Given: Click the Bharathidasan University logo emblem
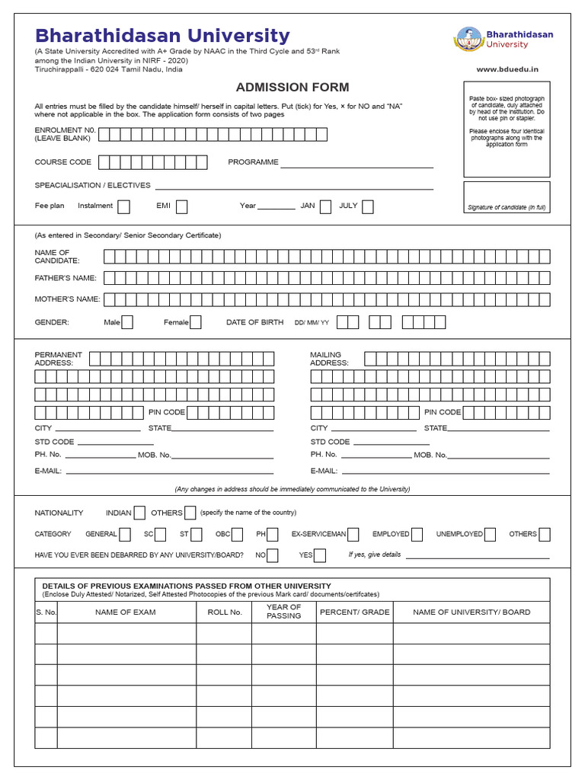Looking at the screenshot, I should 469,40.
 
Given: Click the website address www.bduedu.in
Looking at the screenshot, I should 507,69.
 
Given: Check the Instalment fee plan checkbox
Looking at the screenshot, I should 123,206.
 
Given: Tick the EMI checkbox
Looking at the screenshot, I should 181,206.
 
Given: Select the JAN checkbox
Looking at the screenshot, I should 325,206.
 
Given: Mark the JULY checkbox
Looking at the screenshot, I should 368,206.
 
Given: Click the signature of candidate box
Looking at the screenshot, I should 507,197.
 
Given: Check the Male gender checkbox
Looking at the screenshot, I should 127,322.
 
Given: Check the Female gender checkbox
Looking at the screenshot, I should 196,322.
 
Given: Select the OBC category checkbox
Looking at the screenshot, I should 238,534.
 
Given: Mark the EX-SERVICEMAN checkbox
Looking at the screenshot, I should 354,534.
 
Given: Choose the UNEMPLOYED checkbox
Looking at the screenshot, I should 490,534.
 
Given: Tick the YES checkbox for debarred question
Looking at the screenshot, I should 320,555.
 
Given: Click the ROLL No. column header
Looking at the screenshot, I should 225,612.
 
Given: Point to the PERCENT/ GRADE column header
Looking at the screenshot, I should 354,612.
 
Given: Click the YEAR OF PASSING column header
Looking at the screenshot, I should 284,611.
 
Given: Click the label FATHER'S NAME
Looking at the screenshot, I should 66,278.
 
